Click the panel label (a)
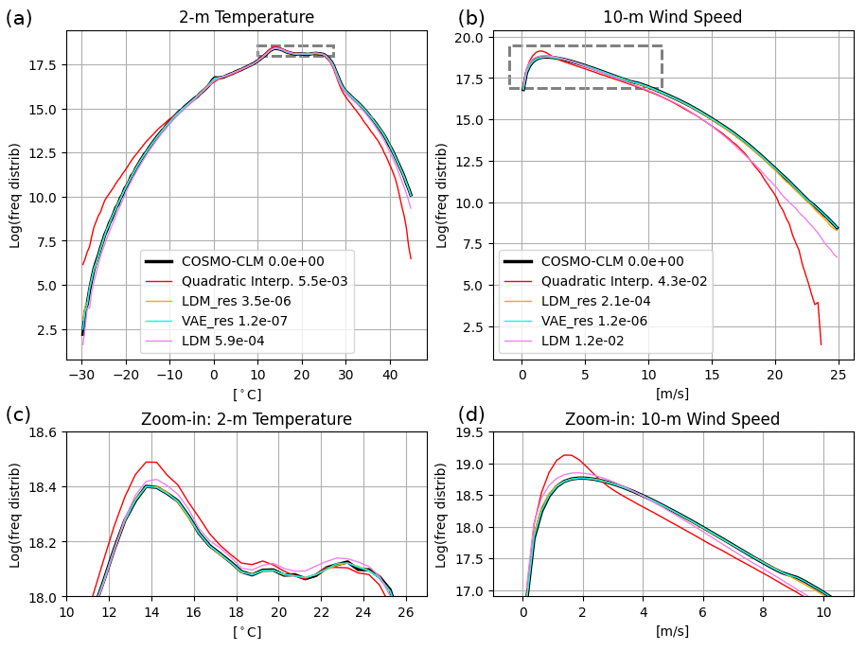pyautogui.click(x=19, y=18)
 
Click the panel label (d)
pyautogui.click(x=472, y=414)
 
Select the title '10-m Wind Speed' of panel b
pyautogui.click(x=672, y=17)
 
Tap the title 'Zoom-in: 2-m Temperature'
pyautogui.click(x=246, y=419)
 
